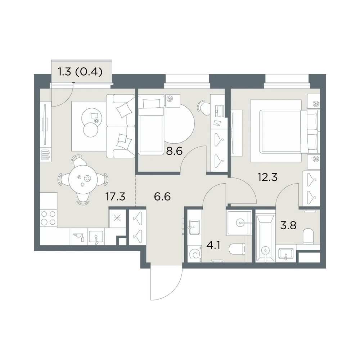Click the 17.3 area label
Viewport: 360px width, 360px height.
click(x=115, y=197)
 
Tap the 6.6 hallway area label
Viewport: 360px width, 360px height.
click(x=162, y=197)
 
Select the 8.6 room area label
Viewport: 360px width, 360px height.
click(x=174, y=151)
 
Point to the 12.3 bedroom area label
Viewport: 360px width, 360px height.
click(x=267, y=177)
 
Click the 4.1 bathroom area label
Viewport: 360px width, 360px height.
click(x=213, y=246)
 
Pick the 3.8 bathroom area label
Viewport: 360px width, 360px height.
click(x=288, y=225)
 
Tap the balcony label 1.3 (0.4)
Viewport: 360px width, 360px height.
click(x=80, y=72)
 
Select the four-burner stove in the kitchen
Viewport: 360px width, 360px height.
click(x=48, y=218)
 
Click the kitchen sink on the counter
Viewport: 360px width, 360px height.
click(x=96, y=237)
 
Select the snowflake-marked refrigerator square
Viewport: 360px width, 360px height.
click(x=117, y=218)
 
